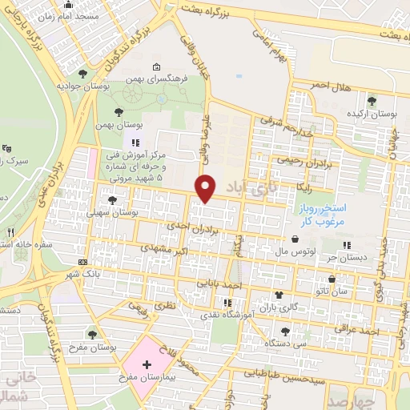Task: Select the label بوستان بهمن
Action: [x=145, y=127]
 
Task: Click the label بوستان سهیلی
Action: [x=135, y=215]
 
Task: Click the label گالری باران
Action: [x=278, y=307]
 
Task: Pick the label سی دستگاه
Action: [x=288, y=344]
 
